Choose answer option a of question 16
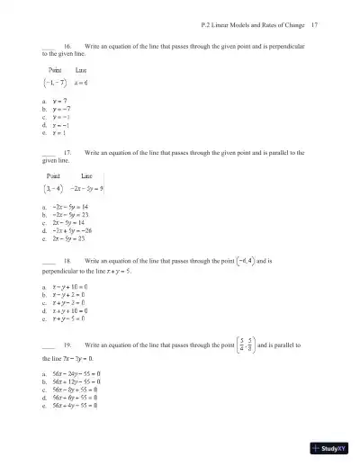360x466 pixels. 61,102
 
